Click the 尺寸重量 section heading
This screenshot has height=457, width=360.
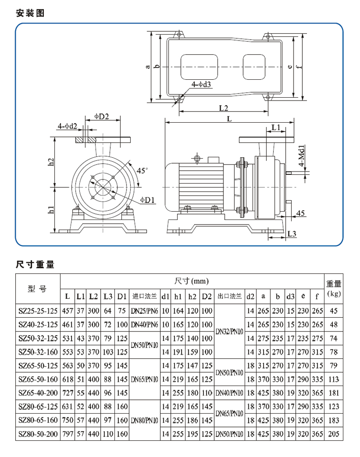[x=35, y=264]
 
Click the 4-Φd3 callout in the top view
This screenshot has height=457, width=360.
[x=202, y=84]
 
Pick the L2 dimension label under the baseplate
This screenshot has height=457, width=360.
[x=224, y=108]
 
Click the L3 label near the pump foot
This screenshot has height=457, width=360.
[x=291, y=234]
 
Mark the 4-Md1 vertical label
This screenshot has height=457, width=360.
[x=301, y=157]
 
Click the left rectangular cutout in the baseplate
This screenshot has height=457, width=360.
[x=197, y=67]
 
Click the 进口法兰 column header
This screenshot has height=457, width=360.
[x=145, y=296]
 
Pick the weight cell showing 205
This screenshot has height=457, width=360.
[x=334, y=434]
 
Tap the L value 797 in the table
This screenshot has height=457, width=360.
[x=68, y=434]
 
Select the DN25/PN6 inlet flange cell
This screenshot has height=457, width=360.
[x=145, y=311]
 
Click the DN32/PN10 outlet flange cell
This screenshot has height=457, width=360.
[x=229, y=332]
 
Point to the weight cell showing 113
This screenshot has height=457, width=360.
[x=334, y=380]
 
